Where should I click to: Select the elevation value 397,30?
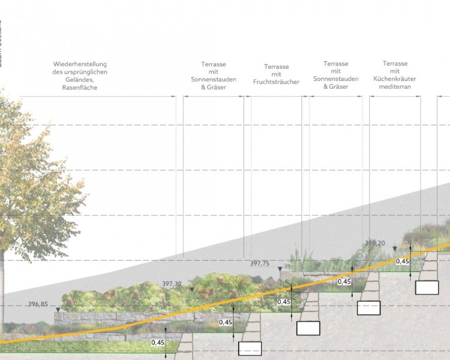tap(171, 284)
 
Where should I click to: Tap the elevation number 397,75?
tap(259, 264)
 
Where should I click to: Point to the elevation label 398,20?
tap(374, 243)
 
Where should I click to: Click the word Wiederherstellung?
tap(80, 64)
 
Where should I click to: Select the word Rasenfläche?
tap(80, 88)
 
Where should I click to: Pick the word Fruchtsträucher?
tap(276, 82)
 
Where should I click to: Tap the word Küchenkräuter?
tap(395, 79)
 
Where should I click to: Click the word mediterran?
tap(395, 87)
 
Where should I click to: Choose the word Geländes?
tap(79, 80)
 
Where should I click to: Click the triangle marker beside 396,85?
tap(58, 309)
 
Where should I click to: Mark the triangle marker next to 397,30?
tap(192, 289)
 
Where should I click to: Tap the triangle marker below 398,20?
tap(394, 249)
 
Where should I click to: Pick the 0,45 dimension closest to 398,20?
tap(402, 261)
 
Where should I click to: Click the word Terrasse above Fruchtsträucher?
tap(276, 66)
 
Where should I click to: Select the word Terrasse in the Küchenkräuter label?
tap(395, 64)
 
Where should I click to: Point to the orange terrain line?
tap(250, 299)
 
